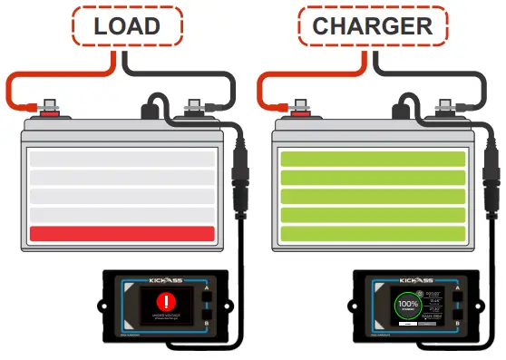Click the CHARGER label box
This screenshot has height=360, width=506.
pos(372,26)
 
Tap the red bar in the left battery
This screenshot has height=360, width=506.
pos(122,233)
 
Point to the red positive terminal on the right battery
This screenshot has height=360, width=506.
pos(299,112)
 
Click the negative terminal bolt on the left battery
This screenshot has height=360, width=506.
pos(193,111)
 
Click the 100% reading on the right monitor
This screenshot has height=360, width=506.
pos(408,305)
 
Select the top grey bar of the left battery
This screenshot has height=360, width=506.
pos(122,159)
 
